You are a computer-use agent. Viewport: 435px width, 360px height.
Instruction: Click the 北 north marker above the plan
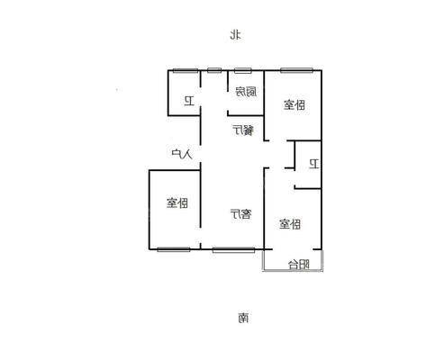[x=236, y=34]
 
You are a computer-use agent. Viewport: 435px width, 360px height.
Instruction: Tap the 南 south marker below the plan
[x=243, y=318]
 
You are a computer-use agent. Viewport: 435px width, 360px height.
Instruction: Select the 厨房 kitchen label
[x=246, y=92]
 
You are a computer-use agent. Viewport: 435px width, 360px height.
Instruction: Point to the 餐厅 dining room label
[x=243, y=130]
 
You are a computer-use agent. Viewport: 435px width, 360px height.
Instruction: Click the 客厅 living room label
[x=241, y=213]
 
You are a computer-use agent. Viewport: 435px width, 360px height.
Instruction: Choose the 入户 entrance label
[x=182, y=154]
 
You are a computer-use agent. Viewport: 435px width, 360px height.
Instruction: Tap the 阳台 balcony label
[x=299, y=265]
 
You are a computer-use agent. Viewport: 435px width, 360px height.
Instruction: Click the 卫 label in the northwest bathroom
[x=189, y=101]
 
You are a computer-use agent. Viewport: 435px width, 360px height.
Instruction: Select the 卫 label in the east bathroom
[x=314, y=164]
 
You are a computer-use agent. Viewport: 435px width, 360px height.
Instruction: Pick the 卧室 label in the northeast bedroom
[x=295, y=105]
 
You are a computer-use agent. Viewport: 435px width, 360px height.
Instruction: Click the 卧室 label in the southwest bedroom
[x=177, y=202]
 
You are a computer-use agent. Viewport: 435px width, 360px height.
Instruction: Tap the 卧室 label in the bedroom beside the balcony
[x=290, y=224]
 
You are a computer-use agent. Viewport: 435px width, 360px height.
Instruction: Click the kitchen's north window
[x=243, y=71]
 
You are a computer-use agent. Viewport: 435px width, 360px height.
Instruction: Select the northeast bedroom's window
[x=296, y=70]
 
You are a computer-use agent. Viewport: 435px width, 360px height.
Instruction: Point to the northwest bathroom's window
[x=186, y=71]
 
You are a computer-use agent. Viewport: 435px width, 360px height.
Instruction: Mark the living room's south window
[x=233, y=249]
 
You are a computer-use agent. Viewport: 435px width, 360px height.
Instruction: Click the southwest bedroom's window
[x=174, y=249]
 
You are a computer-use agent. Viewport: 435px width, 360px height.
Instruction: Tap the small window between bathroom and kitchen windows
[x=214, y=71]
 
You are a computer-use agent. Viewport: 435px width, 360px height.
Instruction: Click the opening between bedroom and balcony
[x=293, y=249]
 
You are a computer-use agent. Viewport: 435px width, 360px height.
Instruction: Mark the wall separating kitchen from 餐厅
[x=246, y=114]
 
